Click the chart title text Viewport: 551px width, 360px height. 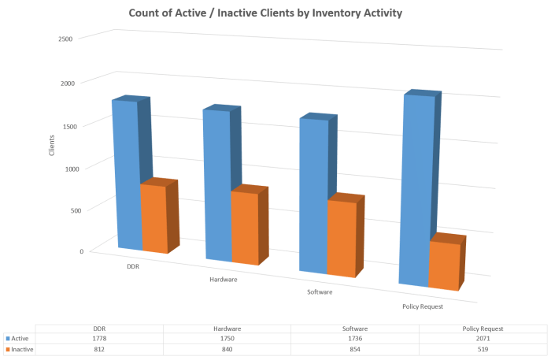pos(275,13)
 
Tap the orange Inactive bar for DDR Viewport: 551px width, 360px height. pos(154,218)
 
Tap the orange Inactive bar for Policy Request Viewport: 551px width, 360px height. pos(443,264)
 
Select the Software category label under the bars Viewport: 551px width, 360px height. pos(320,292)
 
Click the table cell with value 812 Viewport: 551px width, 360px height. pos(100,348)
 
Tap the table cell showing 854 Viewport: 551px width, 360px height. pos(353,348)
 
